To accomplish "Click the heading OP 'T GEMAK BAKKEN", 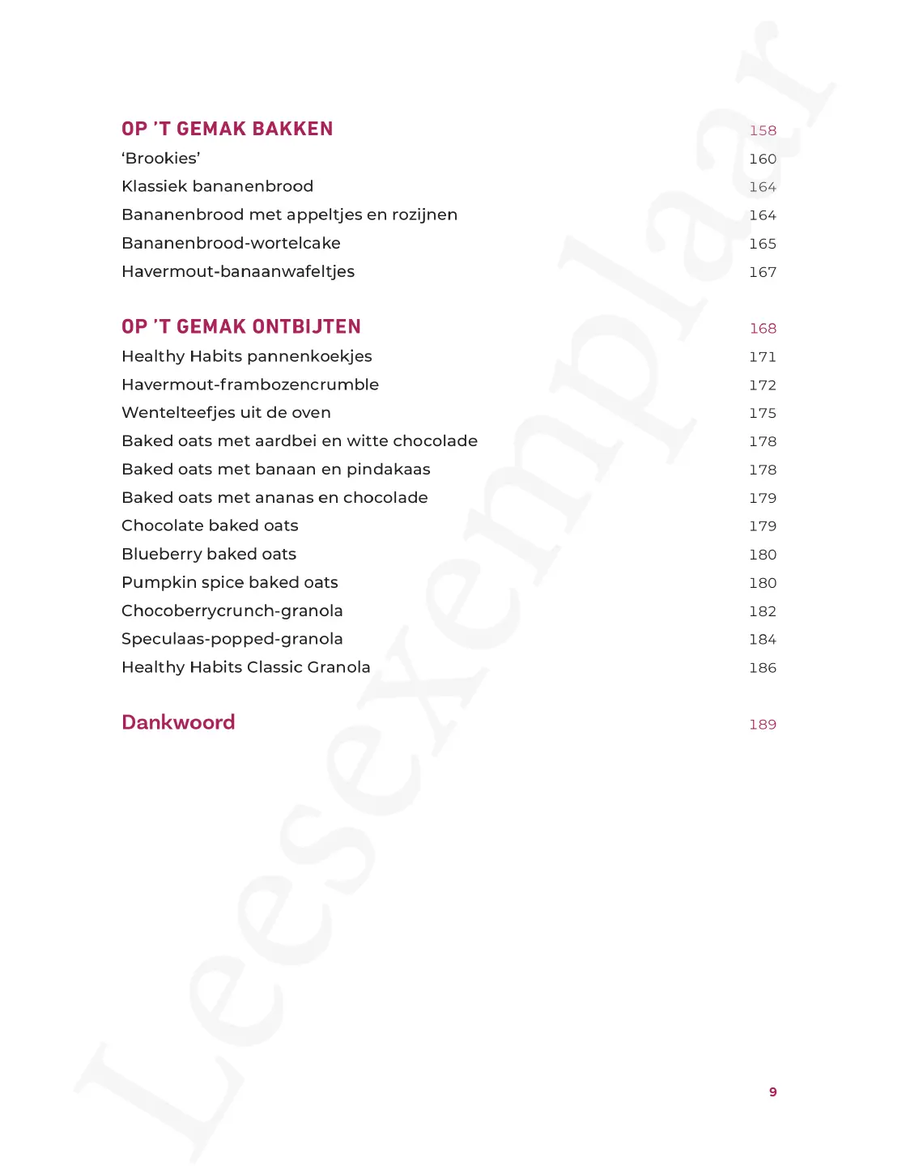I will (x=227, y=129).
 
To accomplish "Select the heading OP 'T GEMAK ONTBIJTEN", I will (x=241, y=326).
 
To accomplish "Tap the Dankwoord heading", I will (x=178, y=722).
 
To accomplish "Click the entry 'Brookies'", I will (x=161, y=159).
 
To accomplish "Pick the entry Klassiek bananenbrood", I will (x=217, y=186).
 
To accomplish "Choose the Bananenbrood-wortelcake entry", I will (x=231, y=243).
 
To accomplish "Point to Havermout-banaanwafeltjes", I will (x=238, y=271).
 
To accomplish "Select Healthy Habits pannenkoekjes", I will (x=247, y=356).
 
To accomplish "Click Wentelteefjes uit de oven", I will (x=226, y=413).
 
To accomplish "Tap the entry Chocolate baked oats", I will (x=210, y=526).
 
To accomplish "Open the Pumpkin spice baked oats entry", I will (x=230, y=582).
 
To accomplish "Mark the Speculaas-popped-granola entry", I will (x=232, y=639).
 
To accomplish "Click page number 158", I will (x=763, y=130).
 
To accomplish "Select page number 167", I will (x=763, y=272).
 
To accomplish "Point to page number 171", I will (x=763, y=357).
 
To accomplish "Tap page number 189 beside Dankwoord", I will (x=763, y=725).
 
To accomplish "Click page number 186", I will (x=763, y=668).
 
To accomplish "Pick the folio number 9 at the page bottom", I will (x=772, y=1092).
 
